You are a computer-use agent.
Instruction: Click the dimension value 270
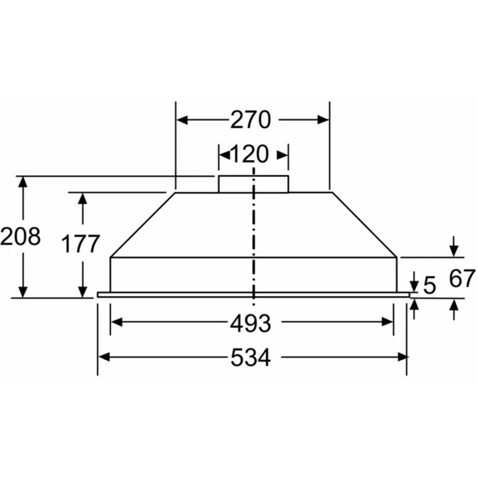(x=251, y=120)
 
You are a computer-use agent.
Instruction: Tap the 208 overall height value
(x=20, y=236)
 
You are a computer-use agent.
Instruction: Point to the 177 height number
(x=80, y=244)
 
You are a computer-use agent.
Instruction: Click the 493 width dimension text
(x=250, y=323)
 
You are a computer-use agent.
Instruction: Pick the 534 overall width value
(x=250, y=358)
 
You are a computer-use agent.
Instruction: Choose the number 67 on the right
(x=461, y=278)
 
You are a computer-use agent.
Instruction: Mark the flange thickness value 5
(x=429, y=285)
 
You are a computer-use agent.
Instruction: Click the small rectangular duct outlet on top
(x=253, y=184)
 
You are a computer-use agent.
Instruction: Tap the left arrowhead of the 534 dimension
(x=104, y=357)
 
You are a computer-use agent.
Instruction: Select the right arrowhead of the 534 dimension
(x=401, y=357)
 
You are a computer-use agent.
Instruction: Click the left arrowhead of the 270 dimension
(x=182, y=120)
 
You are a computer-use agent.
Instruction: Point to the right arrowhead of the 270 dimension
(x=324, y=120)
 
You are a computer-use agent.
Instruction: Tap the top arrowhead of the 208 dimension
(x=23, y=181)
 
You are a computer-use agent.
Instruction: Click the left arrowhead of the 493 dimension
(x=117, y=322)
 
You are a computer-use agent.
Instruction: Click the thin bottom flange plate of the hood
(x=253, y=294)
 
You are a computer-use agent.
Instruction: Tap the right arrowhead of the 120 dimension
(x=284, y=154)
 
